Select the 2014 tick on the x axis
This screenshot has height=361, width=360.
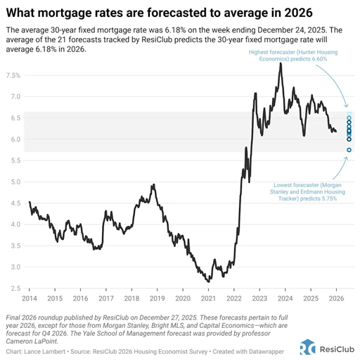pos(30,299)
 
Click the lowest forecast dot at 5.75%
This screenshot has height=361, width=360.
pos(349,150)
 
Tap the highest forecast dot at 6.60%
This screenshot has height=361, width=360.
pos(349,114)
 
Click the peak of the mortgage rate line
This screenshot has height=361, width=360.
pos(281,63)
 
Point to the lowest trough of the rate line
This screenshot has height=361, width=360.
pos(209,281)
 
